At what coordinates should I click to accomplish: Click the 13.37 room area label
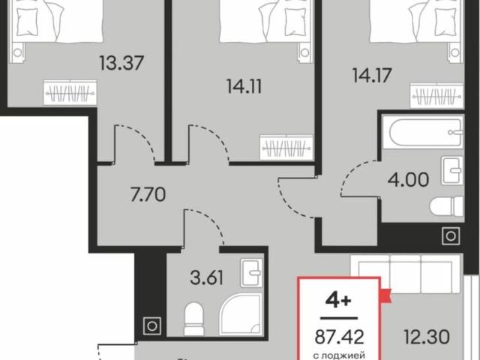coord(121,63)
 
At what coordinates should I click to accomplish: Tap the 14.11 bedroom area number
coord(244,86)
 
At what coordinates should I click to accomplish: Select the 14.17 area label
coord(372,75)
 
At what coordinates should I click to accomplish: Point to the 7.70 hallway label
coord(148,195)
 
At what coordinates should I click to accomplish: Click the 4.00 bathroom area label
coord(408,180)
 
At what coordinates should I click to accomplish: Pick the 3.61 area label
coord(207,278)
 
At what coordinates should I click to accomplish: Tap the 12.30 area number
coord(427,337)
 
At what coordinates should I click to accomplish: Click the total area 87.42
coord(340,337)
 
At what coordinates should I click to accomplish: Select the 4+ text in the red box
coord(338,301)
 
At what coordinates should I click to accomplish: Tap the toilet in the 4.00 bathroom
coord(446,206)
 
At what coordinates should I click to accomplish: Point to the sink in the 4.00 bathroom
coord(452,170)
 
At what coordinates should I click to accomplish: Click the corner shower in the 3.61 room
coord(241,314)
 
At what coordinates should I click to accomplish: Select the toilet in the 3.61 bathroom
coord(194,319)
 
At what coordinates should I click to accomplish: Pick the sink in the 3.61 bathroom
coord(251,273)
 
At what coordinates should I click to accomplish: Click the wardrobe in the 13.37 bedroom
coord(70,92)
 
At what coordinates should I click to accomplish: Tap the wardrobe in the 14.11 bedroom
coord(286,148)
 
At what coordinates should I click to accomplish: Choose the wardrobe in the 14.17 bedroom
coord(436,95)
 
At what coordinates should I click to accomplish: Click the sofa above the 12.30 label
coord(406,274)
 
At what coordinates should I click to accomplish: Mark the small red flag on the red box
coord(385,295)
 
